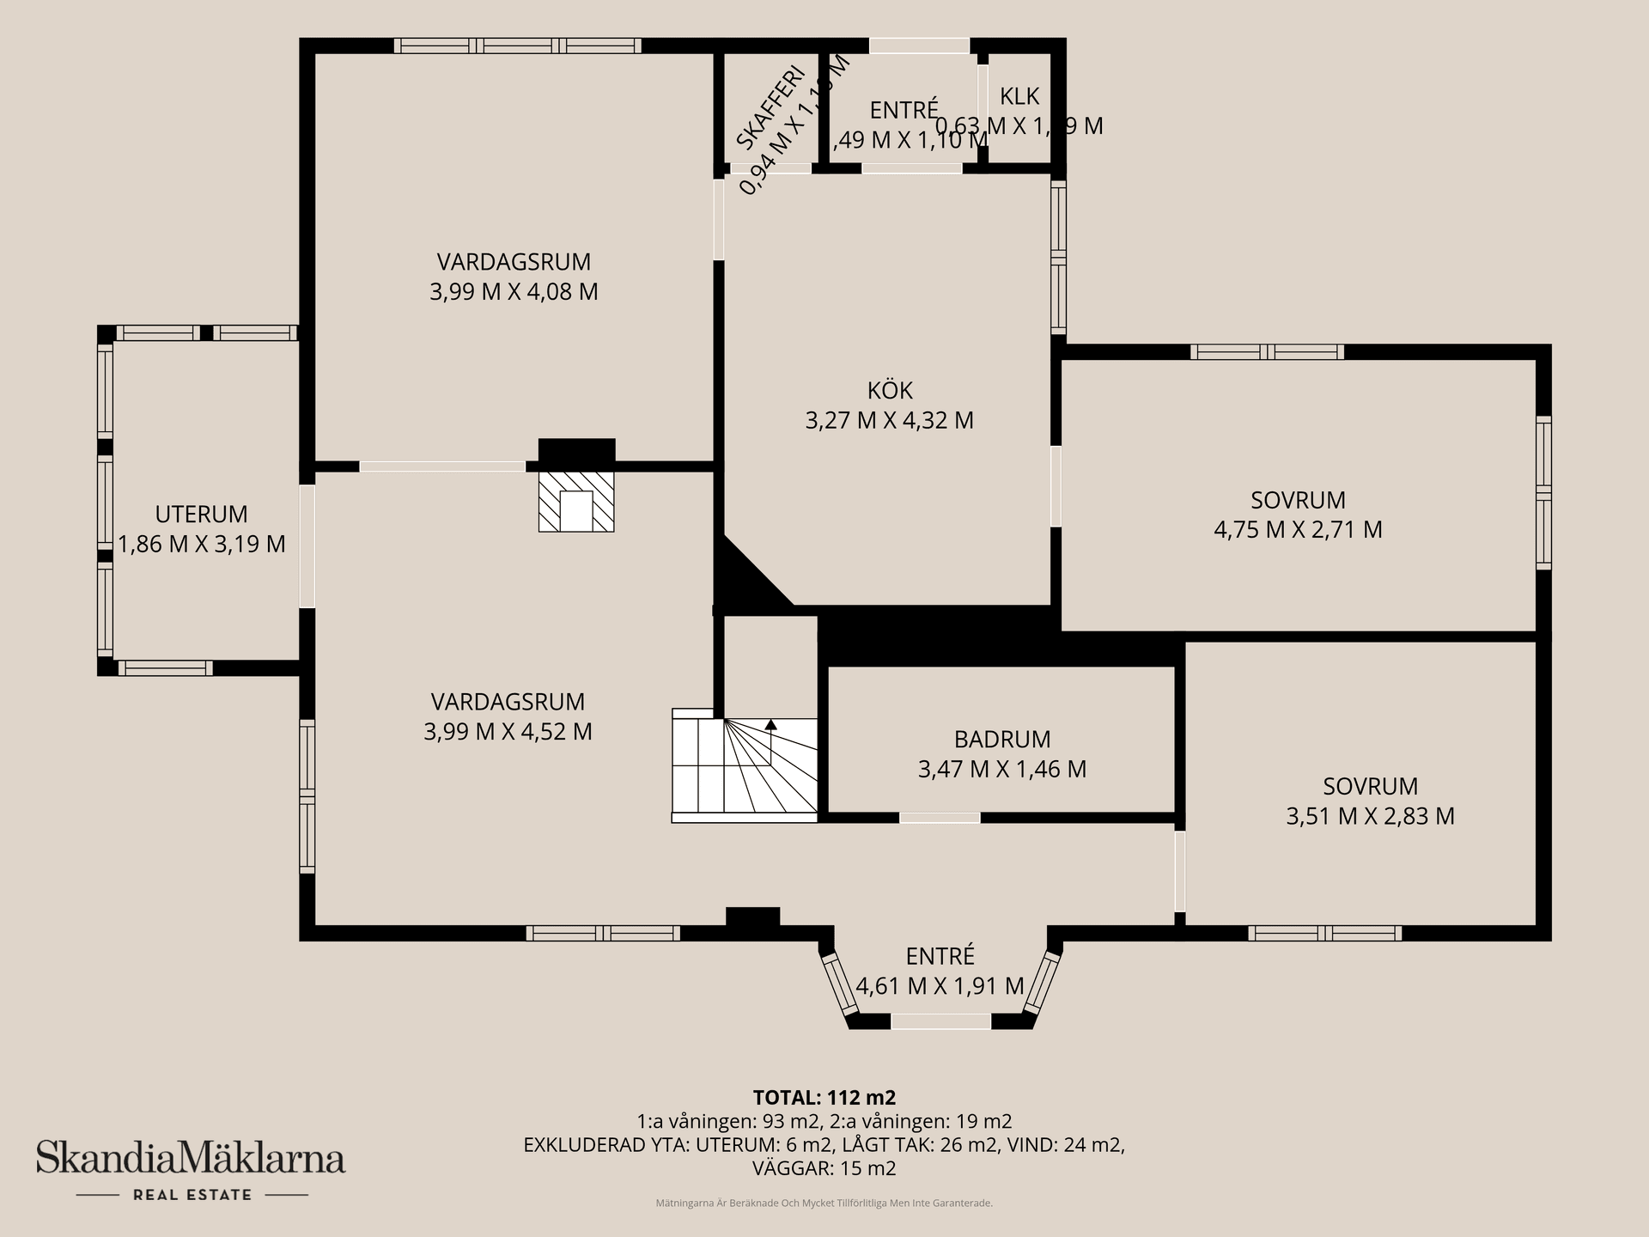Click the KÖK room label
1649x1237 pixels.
(890, 391)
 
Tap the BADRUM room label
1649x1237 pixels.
(1002, 740)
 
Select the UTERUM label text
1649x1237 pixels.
(201, 515)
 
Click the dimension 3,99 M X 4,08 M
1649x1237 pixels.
(514, 292)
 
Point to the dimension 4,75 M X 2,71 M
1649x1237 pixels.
(1298, 530)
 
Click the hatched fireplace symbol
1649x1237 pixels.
(576, 501)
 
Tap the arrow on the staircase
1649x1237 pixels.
(770, 726)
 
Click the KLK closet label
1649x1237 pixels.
(1019, 96)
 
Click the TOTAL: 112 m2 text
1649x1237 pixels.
(824, 1098)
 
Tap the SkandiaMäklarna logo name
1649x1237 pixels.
(191, 1158)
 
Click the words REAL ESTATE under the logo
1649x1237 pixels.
(192, 1195)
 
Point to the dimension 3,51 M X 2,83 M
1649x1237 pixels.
(1370, 816)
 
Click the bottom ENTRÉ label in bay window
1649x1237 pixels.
(940, 956)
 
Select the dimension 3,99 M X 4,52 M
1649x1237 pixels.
(508, 732)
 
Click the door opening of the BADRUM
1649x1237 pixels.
(940, 818)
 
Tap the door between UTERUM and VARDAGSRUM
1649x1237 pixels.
(307, 546)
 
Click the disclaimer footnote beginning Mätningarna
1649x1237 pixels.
(824, 1203)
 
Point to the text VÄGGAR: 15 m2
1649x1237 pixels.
(824, 1168)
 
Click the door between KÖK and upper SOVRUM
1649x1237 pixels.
(1056, 485)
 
